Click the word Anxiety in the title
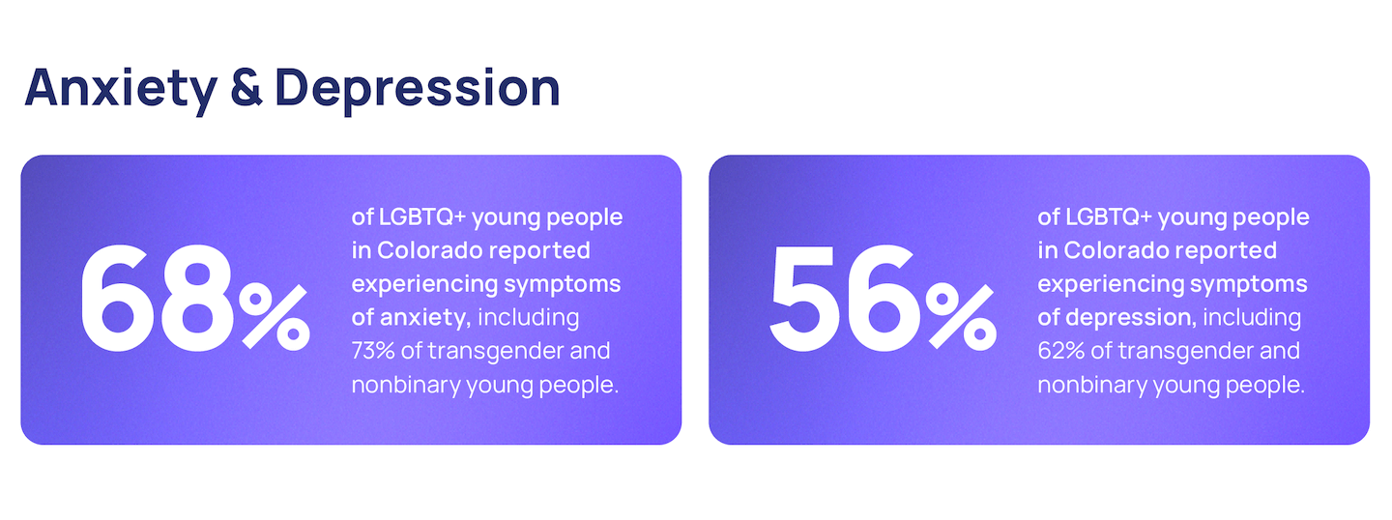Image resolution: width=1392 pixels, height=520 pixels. [x=121, y=90]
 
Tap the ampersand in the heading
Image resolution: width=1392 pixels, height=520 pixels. [x=246, y=88]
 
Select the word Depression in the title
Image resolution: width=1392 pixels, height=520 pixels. [x=418, y=90]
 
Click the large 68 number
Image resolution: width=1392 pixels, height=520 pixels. [x=158, y=299]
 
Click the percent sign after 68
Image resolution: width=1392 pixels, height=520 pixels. [x=275, y=317]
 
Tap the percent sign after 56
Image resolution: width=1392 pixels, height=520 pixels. [x=961, y=317]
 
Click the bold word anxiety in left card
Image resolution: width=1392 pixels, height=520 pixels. [x=425, y=318]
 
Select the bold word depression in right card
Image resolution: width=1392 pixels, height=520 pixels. [x=1131, y=318]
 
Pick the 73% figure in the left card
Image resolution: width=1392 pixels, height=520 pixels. [x=373, y=351]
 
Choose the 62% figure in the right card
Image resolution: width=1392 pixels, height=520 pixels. [x=1060, y=351]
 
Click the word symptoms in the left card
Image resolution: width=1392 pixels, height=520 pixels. [x=562, y=285]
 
